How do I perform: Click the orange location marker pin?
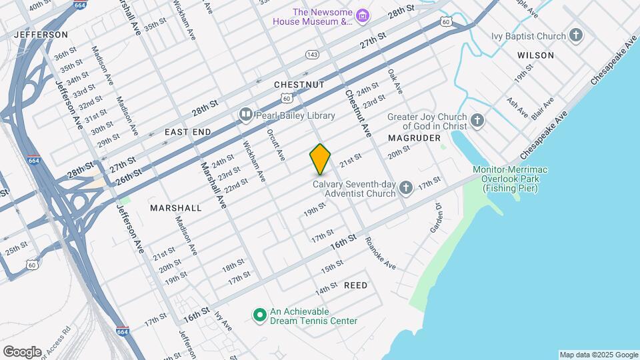click(320, 159)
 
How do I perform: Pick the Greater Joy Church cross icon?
click(477, 121)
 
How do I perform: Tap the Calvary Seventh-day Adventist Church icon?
click(406, 188)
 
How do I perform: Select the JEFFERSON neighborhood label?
click(41, 34)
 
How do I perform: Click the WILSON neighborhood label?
click(535, 55)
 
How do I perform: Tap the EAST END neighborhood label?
click(188, 132)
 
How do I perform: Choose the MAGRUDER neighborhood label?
click(415, 138)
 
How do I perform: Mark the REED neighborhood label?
click(355, 285)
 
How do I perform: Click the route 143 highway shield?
click(311, 54)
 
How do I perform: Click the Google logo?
click(22, 351)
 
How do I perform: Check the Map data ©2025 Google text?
click(598, 355)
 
